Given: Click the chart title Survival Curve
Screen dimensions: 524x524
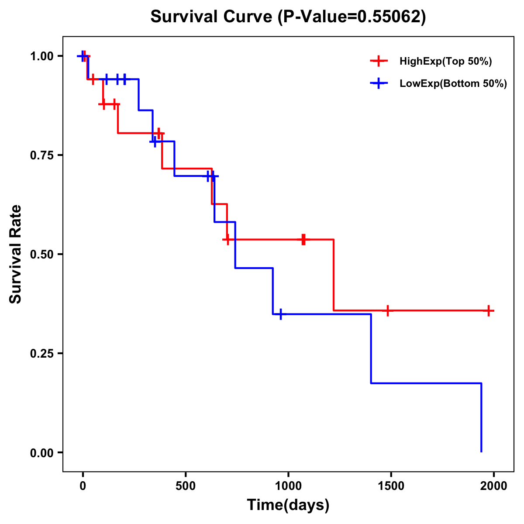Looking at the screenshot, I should [x=288, y=17].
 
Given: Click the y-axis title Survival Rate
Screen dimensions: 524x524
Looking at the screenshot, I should [x=16, y=254].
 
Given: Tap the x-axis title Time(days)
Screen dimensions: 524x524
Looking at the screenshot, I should [x=288, y=505].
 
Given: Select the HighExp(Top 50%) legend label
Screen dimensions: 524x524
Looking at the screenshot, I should [x=446, y=62].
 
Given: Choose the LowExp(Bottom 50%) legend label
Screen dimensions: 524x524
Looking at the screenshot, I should [x=453, y=84].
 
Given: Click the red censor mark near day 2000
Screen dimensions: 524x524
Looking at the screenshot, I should [x=489, y=310].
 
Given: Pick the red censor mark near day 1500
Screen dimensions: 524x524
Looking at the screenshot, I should [x=387, y=310].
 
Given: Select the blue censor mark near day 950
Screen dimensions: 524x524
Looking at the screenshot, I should [x=280, y=314].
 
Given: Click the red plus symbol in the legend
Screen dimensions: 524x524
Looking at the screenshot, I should [x=379, y=62].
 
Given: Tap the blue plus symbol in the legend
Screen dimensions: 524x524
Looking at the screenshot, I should [x=379, y=84].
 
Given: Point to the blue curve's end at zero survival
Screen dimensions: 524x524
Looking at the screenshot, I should [x=481, y=452].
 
